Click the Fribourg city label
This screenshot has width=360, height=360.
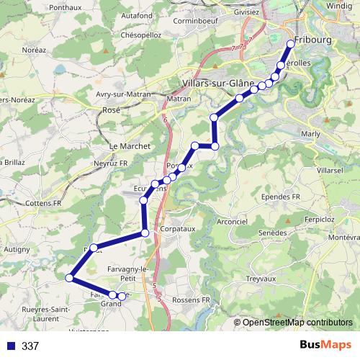point(314,40)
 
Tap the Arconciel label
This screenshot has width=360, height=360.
point(230,221)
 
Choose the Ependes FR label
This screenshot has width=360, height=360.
point(281,197)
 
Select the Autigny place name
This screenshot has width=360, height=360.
point(16,248)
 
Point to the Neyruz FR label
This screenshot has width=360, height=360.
point(110,163)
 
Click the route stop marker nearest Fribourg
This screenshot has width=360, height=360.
point(291,44)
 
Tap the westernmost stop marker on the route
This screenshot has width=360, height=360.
point(70,278)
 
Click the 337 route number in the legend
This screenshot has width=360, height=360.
point(30,346)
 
